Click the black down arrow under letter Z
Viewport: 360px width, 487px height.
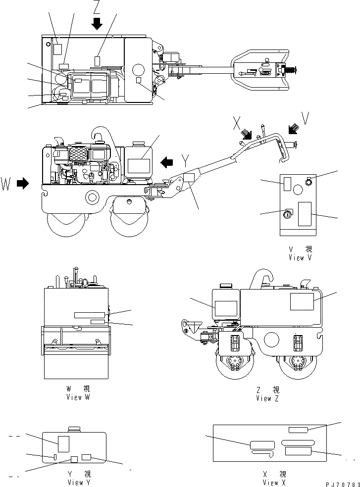tap(97, 23)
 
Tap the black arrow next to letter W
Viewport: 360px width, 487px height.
tap(23, 183)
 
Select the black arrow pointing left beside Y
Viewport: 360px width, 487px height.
tap(167, 161)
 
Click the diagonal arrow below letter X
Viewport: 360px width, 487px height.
tap(246, 134)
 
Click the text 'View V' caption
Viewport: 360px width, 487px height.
tap(301, 257)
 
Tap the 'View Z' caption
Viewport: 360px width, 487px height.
tap(268, 398)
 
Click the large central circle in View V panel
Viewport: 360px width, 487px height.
tap(297, 189)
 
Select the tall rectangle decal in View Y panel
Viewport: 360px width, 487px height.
tap(63, 443)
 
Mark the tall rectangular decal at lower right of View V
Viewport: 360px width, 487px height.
tap(305, 214)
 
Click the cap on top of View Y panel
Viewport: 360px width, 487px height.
tap(74, 429)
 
